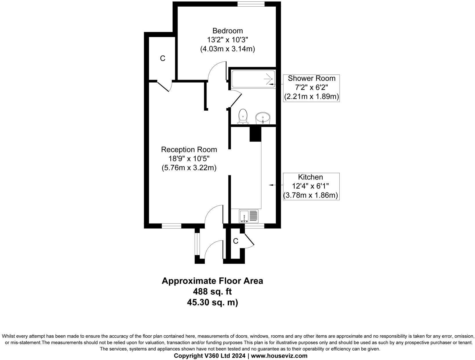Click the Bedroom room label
(x=227, y=31)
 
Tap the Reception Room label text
(x=189, y=150)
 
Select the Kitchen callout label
(x=310, y=177)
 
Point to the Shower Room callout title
(x=312, y=78)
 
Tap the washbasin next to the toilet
(x=263, y=118)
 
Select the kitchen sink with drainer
(x=249, y=216)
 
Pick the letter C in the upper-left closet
(x=163, y=58)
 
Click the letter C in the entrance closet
(x=235, y=241)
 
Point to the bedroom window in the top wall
(x=251, y=4)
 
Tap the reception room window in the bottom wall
(x=171, y=226)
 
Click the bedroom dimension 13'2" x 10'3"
(x=227, y=40)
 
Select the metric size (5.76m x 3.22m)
(x=189, y=168)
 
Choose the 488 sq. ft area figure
(x=212, y=291)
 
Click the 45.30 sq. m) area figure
(x=212, y=302)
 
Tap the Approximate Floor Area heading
(x=212, y=281)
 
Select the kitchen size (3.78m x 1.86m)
(x=311, y=195)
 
